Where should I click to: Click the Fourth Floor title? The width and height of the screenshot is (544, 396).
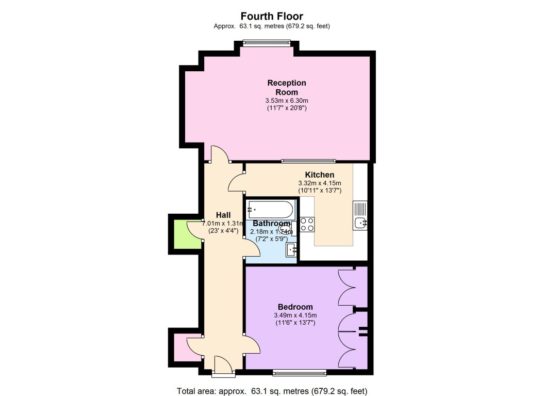(x=272, y=17)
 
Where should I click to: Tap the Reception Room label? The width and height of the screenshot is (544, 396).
(x=287, y=87)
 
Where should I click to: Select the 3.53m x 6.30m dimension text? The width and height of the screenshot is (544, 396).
(x=287, y=100)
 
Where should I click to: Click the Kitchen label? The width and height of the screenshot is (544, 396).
(x=319, y=175)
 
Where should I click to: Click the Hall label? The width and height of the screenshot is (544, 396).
(x=223, y=215)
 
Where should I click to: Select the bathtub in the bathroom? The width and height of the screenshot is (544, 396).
(x=270, y=209)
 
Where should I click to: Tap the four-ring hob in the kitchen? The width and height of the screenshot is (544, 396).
(x=307, y=224)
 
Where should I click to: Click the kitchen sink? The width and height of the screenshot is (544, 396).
(x=360, y=222)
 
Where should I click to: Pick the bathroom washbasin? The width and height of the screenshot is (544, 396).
(x=292, y=250)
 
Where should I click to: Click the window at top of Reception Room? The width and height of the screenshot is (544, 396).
(x=268, y=43)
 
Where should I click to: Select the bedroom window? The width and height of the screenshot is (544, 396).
(x=300, y=372)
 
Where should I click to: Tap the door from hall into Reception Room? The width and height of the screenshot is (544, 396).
(x=218, y=154)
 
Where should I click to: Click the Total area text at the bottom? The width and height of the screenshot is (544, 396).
(x=272, y=390)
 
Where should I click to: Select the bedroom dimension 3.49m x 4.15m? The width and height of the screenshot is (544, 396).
(x=295, y=315)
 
